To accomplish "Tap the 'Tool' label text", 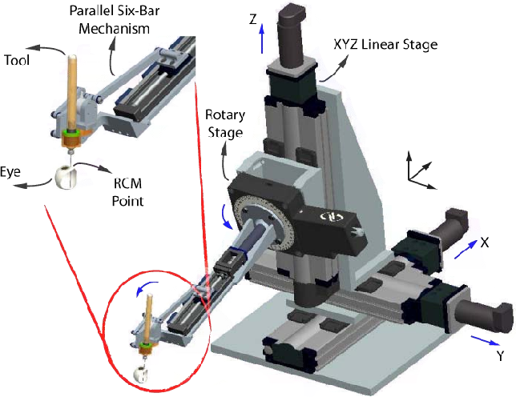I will [18, 60].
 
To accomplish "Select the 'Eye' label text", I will [11, 170].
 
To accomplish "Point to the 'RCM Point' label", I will [127, 193].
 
